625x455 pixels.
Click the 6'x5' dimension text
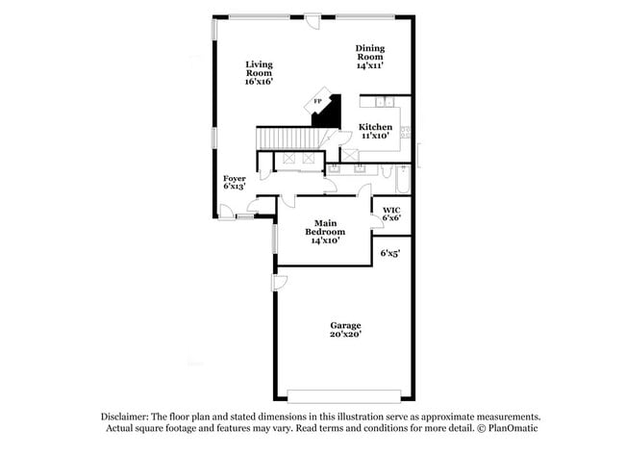pyautogui.click(x=389, y=253)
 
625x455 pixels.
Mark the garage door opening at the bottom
pyautogui.click(x=344, y=394)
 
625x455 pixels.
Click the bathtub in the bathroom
pyautogui.click(x=403, y=180)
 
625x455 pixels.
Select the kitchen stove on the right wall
pyautogui.click(x=406, y=132)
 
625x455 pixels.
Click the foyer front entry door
pyautogui.click(x=228, y=211)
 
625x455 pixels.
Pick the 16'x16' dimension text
pyautogui.click(x=259, y=83)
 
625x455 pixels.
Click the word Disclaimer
pyautogui.click(x=128, y=417)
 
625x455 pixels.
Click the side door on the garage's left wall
pyautogui.click(x=279, y=282)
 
